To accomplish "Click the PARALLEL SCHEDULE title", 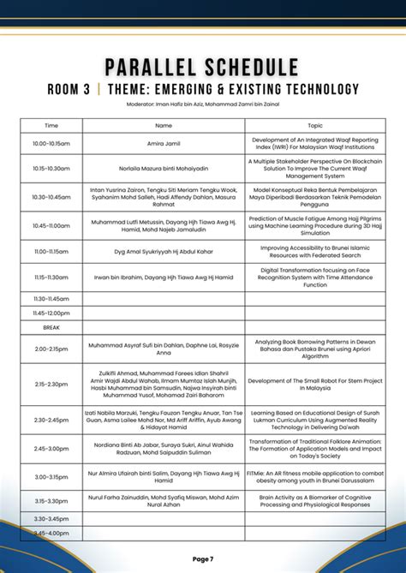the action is pyautogui.click(x=202, y=68).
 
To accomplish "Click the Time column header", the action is pyautogui.click(x=51, y=125).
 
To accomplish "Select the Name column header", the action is pyautogui.click(x=163, y=125).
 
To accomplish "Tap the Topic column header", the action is pyautogui.click(x=315, y=125).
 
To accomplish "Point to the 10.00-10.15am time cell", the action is pyautogui.click(x=51, y=143).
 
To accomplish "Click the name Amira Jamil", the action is pyautogui.click(x=163, y=143).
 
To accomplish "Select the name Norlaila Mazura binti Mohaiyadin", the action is pyautogui.click(x=163, y=169).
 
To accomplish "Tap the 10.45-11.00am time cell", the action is pyautogui.click(x=51, y=225).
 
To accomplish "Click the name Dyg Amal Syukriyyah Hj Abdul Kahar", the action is pyautogui.click(x=163, y=252).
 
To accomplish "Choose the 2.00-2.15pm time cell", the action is pyautogui.click(x=51, y=349).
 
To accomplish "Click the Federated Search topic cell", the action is pyautogui.click(x=315, y=252).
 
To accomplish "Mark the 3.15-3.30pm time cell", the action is pyautogui.click(x=51, y=500).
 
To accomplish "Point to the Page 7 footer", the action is pyautogui.click(x=203, y=558).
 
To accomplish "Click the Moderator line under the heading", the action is pyautogui.click(x=202, y=104).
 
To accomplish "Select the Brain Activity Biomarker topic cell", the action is pyautogui.click(x=315, y=500).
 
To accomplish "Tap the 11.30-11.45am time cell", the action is pyautogui.click(x=51, y=298).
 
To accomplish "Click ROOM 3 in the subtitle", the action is pyautogui.click(x=75, y=89).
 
